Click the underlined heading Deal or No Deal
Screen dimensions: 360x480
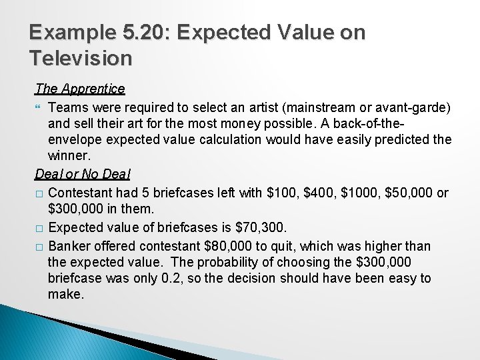[x=83, y=175]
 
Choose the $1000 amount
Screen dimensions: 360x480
[x=365, y=193]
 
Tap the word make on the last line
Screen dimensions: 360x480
[x=65, y=294]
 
